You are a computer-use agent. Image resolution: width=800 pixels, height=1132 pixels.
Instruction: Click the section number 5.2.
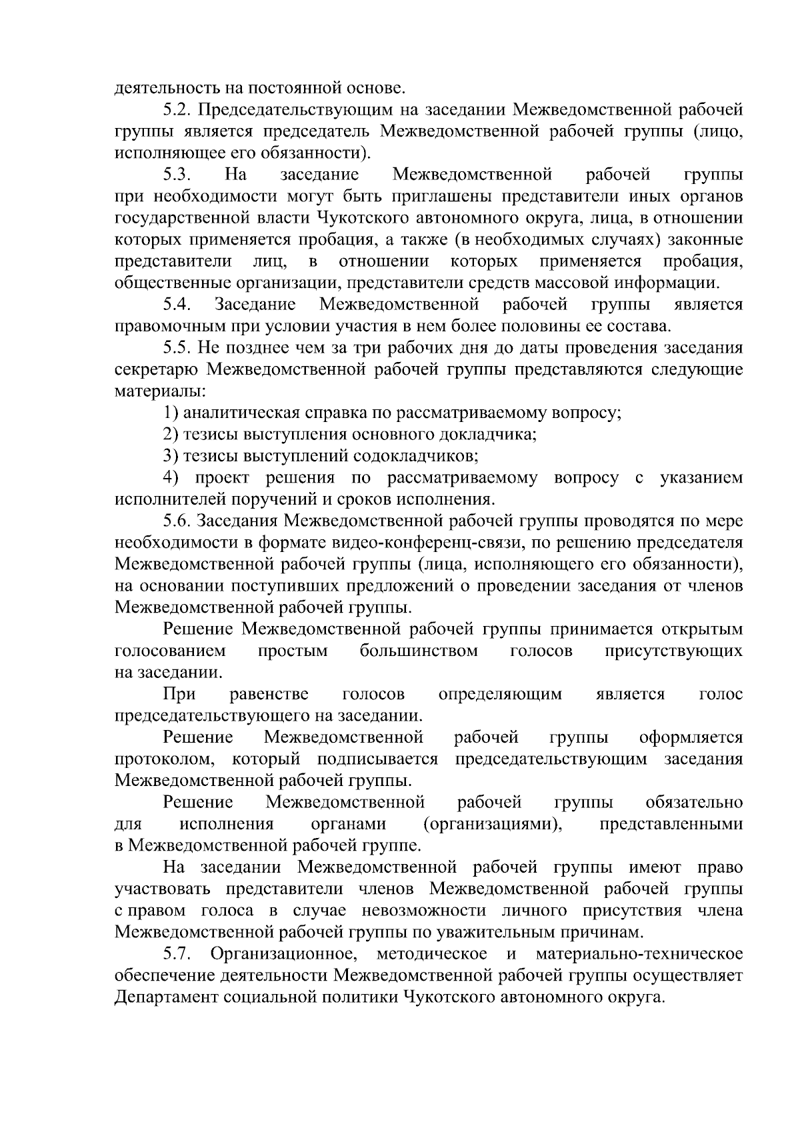point(176,110)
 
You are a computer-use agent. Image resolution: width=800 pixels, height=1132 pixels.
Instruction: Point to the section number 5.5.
point(176,349)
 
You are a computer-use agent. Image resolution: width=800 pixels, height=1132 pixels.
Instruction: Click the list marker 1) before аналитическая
point(171,413)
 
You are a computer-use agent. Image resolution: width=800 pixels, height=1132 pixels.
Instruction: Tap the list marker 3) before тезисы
point(171,457)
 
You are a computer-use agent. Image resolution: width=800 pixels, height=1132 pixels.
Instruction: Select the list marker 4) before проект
point(171,478)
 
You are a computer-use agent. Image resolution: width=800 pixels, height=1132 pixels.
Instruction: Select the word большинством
point(418,651)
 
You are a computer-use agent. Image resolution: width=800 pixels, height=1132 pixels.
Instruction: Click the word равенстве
point(269,695)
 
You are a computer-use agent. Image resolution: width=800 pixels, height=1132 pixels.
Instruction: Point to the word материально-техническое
point(639,955)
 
